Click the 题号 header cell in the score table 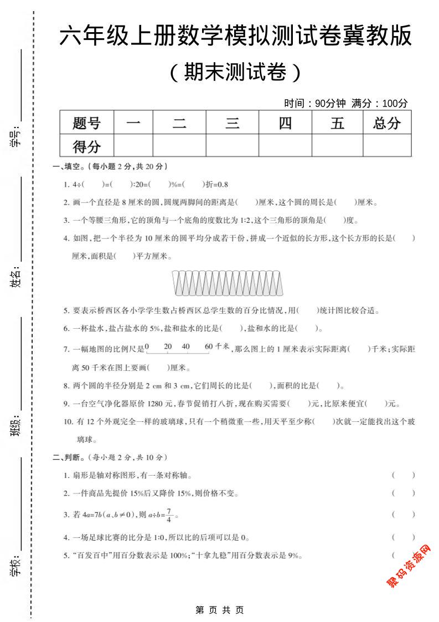click(86, 123)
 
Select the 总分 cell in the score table click(387, 123)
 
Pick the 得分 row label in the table click(86, 146)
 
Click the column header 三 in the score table click(232, 123)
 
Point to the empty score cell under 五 click(337, 146)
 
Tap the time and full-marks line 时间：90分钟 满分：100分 click(345, 103)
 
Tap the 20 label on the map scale click(168, 346)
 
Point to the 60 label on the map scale click(208, 346)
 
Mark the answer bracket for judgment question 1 click(403, 475)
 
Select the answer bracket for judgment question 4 click(403, 537)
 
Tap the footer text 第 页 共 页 click(220, 610)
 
